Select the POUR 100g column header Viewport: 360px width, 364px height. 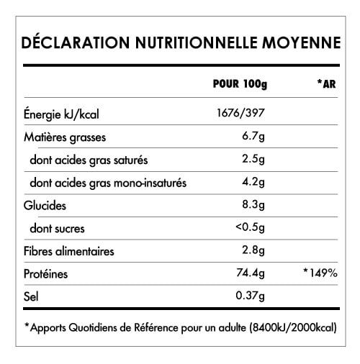point(240,84)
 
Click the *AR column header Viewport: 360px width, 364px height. point(326,84)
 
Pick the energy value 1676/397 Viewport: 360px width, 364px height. point(241,114)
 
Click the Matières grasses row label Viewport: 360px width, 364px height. point(63,137)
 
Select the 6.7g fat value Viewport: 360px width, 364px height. point(256,137)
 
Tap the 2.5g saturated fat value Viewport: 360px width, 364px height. point(256,160)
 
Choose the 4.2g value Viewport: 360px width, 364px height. point(256,183)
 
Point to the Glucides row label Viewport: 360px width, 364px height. point(45,206)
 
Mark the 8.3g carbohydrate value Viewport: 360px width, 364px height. point(256,206)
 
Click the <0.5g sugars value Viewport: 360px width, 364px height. point(252,229)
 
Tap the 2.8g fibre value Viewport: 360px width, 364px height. point(256,252)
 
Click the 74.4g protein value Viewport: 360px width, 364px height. point(252,275)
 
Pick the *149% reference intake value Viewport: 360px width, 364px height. point(320,275)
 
